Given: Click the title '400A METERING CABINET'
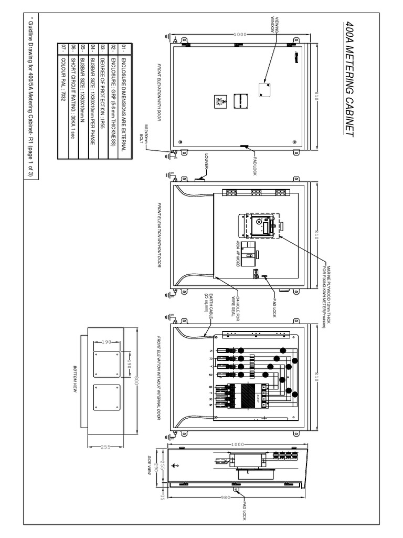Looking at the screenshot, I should tap(347, 79).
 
